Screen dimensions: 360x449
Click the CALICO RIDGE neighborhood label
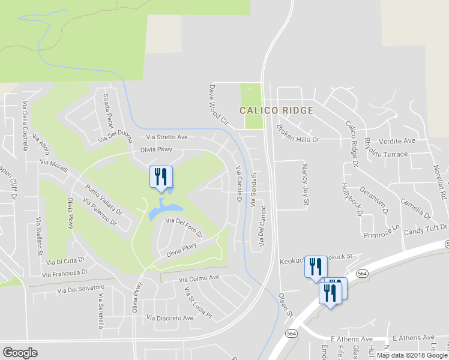[x=276, y=110]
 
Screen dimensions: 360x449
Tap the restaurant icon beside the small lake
[x=160, y=178]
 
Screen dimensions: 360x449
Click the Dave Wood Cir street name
[x=218, y=104]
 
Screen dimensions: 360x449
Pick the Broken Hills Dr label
[x=298, y=133]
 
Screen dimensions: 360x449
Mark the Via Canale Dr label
[x=238, y=187]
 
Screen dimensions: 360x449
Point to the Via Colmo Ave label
[x=199, y=278]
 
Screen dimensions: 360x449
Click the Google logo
[x=20, y=353]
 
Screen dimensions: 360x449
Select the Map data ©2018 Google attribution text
[x=412, y=355]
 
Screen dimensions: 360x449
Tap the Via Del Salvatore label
[x=81, y=289]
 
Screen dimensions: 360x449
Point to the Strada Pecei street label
[x=108, y=110]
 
